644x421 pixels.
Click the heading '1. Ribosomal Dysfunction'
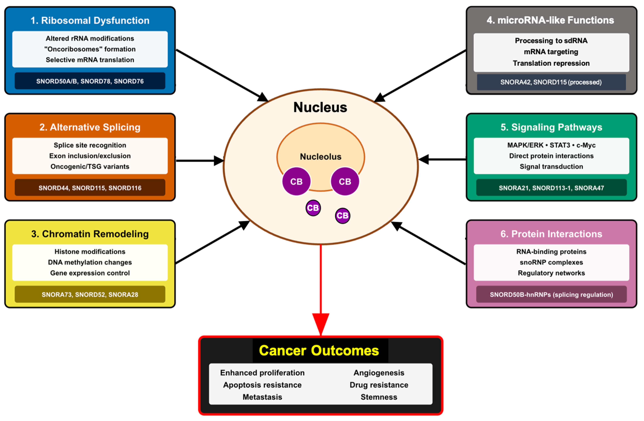(x=90, y=21)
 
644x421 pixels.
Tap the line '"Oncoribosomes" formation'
(x=90, y=49)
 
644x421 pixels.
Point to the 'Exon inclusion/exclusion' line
(x=90, y=156)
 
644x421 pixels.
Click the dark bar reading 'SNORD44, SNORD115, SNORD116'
(x=90, y=188)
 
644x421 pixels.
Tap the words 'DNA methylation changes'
(x=90, y=262)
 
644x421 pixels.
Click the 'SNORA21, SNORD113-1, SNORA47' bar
(x=551, y=188)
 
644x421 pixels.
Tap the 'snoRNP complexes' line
(x=551, y=262)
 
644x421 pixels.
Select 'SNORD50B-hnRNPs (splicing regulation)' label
(x=551, y=295)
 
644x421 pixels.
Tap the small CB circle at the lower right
(x=343, y=216)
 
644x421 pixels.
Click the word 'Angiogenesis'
(x=379, y=373)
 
